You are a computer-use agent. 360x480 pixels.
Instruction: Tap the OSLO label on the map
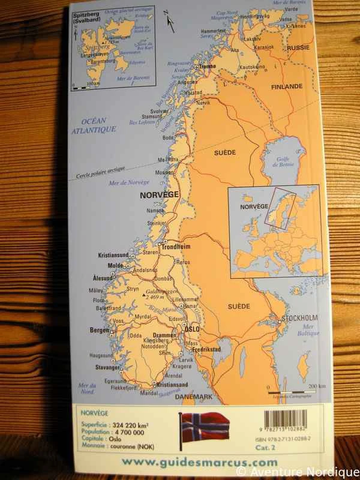click(x=191, y=329)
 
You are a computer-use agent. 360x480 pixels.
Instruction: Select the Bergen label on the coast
click(x=100, y=330)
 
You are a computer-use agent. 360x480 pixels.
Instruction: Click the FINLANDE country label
click(x=287, y=86)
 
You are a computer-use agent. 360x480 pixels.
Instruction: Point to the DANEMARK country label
click(x=194, y=397)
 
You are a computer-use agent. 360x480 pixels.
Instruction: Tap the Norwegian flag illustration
click(x=205, y=427)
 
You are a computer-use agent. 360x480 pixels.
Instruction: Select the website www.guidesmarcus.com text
click(x=199, y=461)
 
